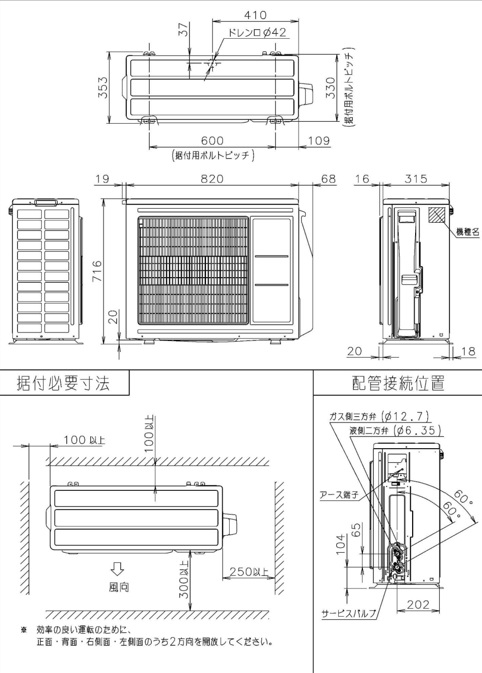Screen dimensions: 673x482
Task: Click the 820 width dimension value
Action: click(x=212, y=179)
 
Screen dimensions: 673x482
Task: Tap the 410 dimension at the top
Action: click(x=255, y=16)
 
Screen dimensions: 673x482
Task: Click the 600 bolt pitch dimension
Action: click(x=212, y=141)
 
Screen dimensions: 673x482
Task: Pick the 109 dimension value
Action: click(x=319, y=141)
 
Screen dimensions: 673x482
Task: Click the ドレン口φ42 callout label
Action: click(x=257, y=33)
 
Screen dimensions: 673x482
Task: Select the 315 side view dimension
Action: click(x=416, y=179)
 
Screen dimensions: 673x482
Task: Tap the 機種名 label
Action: click(x=467, y=232)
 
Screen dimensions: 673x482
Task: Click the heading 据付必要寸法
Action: click(x=63, y=383)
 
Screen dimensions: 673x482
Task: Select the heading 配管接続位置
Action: click(x=398, y=383)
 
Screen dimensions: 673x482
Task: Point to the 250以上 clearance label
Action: click(x=249, y=572)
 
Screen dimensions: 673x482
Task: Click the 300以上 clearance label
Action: click(x=184, y=579)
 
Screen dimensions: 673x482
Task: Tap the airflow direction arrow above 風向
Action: click(x=117, y=568)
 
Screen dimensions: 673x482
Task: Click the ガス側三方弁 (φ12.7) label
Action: click(x=379, y=416)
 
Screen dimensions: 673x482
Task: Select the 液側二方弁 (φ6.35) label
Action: click(x=395, y=431)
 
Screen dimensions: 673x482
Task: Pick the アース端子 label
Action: click(x=339, y=495)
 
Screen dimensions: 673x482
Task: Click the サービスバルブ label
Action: click(x=348, y=613)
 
